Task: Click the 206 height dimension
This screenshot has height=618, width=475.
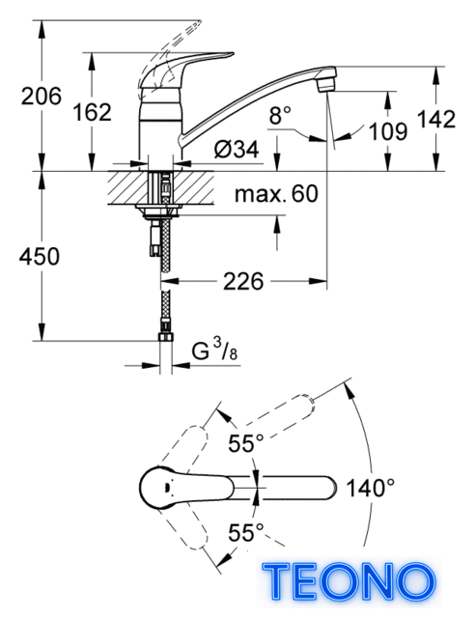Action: (x=42, y=97)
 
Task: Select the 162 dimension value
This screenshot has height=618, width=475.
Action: (x=93, y=112)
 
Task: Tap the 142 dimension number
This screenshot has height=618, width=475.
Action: (x=436, y=119)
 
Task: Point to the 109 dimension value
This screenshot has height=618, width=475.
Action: (x=388, y=131)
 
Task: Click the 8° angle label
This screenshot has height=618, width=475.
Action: (x=280, y=116)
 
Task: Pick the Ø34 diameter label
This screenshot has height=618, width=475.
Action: (x=237, y=150)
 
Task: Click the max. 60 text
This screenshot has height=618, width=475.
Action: (x=276, y=194)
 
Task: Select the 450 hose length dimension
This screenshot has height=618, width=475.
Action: (x=40, y=256)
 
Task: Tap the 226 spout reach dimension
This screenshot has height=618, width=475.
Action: (x=243, y=281)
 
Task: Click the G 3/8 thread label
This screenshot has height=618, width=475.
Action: (x=214, y=350)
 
